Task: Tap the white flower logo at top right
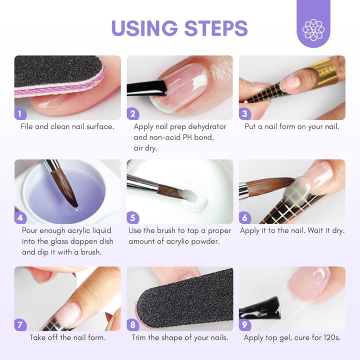(313, 29)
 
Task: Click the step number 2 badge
(133, 113)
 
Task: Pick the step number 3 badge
(245, 113)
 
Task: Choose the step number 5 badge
(133, 217)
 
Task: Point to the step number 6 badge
(245, 217)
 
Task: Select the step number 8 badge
(133, 324)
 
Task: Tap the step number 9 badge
(245, 324)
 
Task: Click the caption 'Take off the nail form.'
(67, 337)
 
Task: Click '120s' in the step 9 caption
(331, 337)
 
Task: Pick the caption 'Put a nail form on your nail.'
(292, 126)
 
